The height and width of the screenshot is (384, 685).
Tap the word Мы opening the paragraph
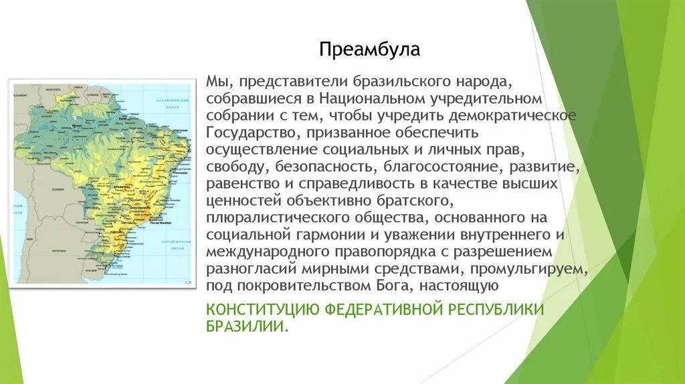(x=215, y=82)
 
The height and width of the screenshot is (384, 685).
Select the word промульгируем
(x=530, y=269)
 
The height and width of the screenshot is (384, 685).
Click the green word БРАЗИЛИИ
(x=247, y=327)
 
